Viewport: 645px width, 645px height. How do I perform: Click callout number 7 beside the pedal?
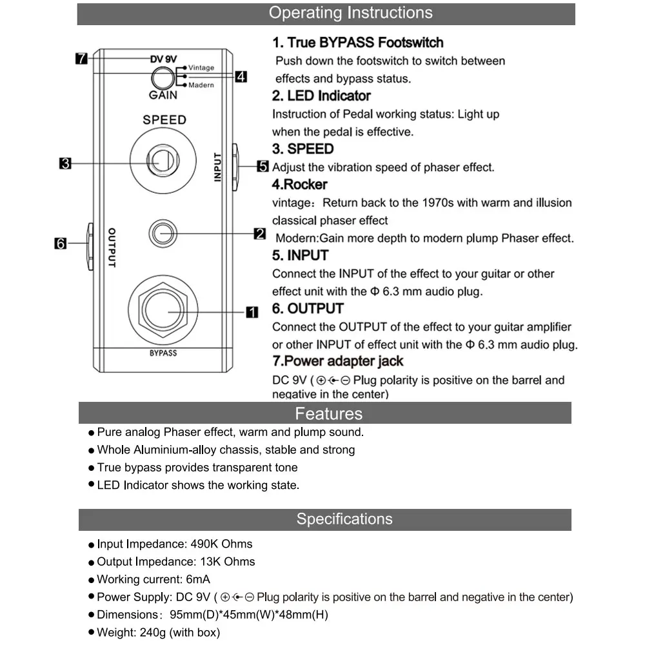pyautogui.click(x=81, y=59)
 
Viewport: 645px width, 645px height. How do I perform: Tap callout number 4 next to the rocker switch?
pyautogui.click(x=241, y=77)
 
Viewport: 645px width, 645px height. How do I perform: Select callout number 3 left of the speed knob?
pyautogui.click(x=65, y=163)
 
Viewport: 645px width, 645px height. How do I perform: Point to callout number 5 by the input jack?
pyautogui.click(x=263, y=166)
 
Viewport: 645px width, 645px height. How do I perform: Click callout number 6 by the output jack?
pyautogui.click(x=61, y=243)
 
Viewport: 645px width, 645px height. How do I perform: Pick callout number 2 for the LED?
pyautogui.click(x=259, y=233)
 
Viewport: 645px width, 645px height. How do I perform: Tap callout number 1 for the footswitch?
pyautogui.click(x=252, y=312)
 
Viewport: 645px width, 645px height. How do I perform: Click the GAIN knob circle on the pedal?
pyautogui.click(x=163, y=78)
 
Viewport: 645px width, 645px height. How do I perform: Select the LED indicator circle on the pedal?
pyautogui.click(x=163, y=233)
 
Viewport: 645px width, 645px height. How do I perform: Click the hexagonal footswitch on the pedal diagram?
pyautogui.click(x=163, y=310)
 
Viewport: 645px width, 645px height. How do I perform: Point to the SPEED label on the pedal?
pyautogui.click(x=164, y=120)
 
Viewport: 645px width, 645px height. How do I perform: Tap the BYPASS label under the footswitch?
pyautogui.click(x=163, y=353)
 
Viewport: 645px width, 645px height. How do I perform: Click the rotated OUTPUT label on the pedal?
pyautogui.click(x=112, y=248)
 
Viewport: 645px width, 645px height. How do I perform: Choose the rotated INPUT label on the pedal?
pyautogui.click(x=217, y=167)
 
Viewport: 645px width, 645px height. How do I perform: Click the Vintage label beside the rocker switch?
pyautogui.click(x=201, y=68)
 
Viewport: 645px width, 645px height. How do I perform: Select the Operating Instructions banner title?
pyautogui.click(x=351, y=13)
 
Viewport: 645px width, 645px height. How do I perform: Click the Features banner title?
pyautogui.click(x=329, y=413)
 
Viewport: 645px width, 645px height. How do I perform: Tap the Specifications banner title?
pyautogui.click(x=344, y=519)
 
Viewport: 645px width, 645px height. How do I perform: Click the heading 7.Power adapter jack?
pyautogui.click(x=338, y=361)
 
